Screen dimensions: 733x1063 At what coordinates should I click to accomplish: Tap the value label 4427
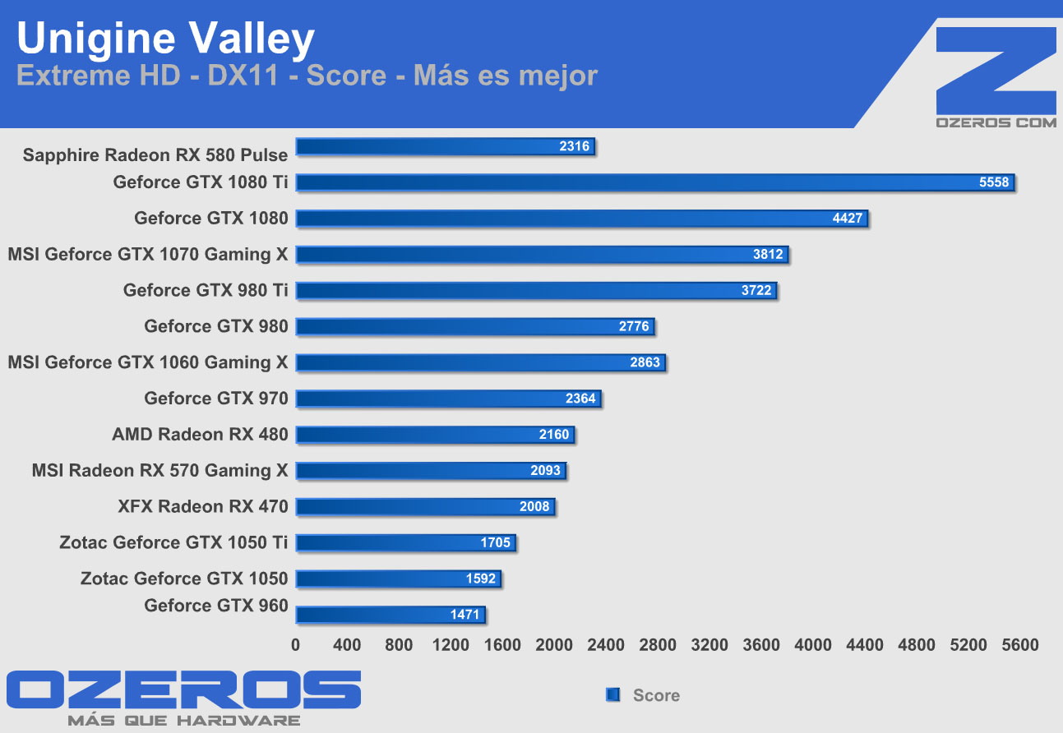point(848,219)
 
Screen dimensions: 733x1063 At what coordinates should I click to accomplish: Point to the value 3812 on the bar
point(768,255)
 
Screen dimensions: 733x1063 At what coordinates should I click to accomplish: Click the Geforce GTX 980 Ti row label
point(206,290)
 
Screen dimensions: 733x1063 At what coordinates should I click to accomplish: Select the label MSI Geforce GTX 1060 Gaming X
point(148,362)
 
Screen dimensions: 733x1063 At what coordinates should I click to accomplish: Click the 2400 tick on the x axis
point(607,645)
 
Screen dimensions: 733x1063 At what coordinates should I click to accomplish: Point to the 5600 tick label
point(1020,645)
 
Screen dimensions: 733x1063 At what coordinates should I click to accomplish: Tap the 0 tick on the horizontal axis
point(296,645)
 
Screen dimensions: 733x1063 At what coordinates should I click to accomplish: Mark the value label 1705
point(496,542)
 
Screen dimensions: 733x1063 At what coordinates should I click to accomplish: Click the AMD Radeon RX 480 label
point(200,435)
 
